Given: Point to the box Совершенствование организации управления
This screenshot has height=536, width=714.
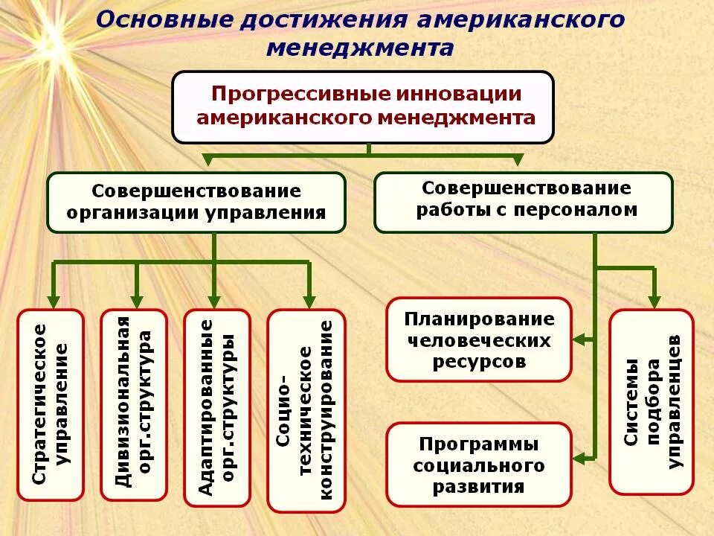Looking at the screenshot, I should coord(196,202).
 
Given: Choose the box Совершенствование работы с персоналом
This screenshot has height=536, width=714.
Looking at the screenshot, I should coord(523,202).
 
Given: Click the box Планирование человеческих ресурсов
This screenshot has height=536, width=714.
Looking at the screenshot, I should coord(478,340).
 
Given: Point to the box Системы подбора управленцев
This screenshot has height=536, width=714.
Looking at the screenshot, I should coord(652,402).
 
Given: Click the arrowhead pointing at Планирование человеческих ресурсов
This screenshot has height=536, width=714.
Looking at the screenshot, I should coord(579,340).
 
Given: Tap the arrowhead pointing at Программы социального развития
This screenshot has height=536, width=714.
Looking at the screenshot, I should coord(579,456).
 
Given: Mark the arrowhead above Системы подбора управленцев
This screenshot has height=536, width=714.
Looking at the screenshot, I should coord(654,301).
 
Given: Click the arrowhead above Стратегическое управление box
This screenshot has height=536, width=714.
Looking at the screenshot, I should coord(52,301).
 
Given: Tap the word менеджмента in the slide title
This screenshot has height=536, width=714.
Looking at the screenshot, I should coord(359,48).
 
